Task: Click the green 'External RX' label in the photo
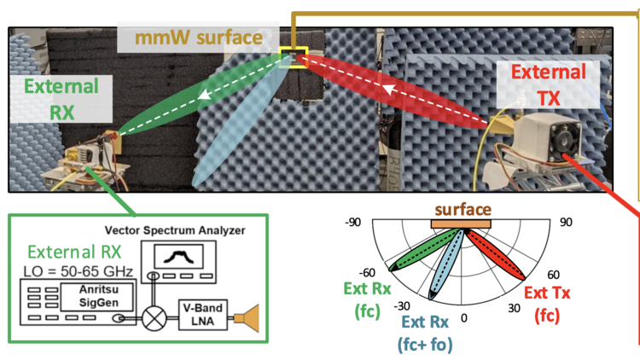pyautogui.click(x=61, y=98)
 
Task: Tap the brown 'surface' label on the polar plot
pyautogui.click(x=463, y=209)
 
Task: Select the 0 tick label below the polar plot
pyautogui.click(x=463, y=317)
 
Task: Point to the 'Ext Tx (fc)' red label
pyautogui.click(x=546, y=303)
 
